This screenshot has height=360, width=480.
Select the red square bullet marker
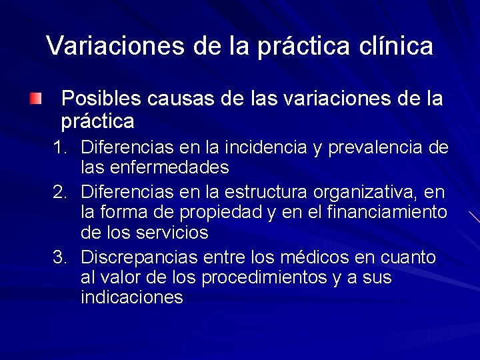[x=35, y=99]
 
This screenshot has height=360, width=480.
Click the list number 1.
[x=61, y=147]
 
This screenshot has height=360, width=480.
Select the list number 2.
[x=61, y=193]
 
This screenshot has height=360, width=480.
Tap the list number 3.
[x=61, y=258]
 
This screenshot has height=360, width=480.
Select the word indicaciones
[x=131, y=297]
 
